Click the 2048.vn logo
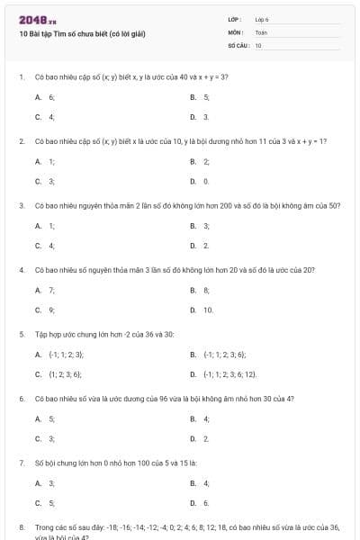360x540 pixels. (x=38, y=19)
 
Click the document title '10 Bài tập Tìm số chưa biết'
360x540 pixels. (x=82, y=33)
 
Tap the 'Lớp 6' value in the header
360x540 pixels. (x=262, y=19)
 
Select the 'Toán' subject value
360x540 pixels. (x=261, y=31)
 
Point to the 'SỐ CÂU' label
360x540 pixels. (x=238, y=44)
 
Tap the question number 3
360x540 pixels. (x=21, y=205)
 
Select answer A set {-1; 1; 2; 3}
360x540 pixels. (x=59, y=355)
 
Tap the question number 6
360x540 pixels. (x=21, y=399)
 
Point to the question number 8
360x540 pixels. (x=21, y=527)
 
